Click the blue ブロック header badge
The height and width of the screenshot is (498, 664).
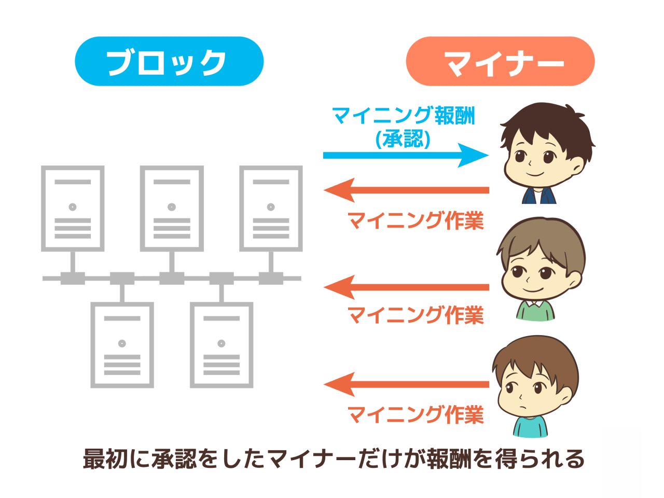[x=169, y=61]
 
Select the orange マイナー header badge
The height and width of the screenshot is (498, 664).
[x=500, y=61]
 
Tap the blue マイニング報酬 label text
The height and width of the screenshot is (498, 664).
[x=404, y=116]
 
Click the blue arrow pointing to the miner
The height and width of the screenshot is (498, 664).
[x=405, y=155]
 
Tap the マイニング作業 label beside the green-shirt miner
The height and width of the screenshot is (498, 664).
[x=415, y=315]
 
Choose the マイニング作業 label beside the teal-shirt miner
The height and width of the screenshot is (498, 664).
[x=415, y=415]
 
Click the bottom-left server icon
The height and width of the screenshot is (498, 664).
[x=122, y=345]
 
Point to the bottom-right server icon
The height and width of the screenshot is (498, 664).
[x=222, y=345]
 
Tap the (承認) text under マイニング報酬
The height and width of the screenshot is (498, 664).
[x=403, y=139]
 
